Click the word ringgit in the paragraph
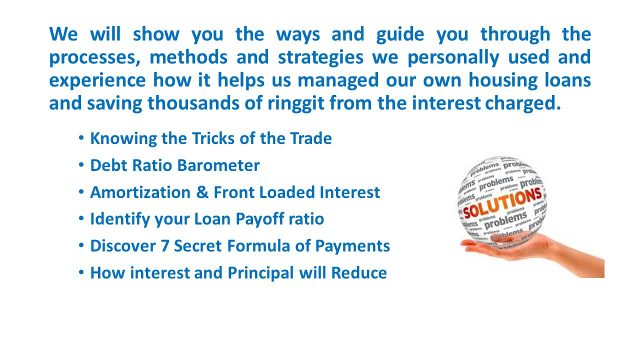295,103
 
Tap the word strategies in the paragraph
320,57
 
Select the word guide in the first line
400,35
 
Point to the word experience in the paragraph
97,80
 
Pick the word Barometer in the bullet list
218,165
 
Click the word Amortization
140,192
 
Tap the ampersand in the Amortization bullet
202,192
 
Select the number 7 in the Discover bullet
165,245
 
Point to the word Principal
260,273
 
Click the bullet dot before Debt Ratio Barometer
81,165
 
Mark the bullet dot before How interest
81,272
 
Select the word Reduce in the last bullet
359,272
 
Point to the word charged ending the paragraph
523,103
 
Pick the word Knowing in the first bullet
123,139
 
